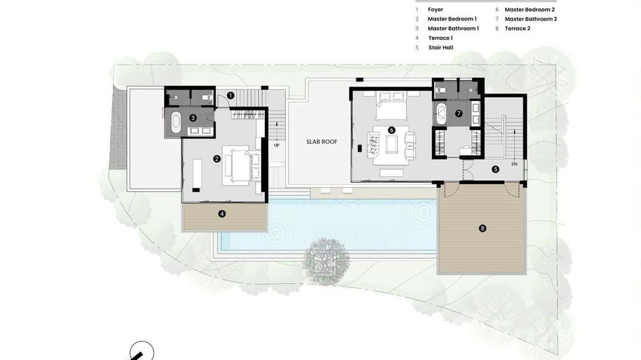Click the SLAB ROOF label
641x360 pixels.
[x=321, y=142]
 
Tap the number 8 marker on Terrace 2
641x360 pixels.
[x=482, y=228]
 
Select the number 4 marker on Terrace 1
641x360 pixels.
[x=222, y=214]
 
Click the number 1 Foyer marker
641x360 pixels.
[x=230, y=95]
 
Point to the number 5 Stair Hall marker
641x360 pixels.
[x=495, y=169]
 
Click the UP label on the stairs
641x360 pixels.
[x=277, y=145]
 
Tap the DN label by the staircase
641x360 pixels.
[x=514, y=164]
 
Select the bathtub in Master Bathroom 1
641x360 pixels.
[x=176, y=122]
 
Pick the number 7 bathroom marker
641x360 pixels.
[x=459, y=114]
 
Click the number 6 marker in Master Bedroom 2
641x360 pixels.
[x=392, y=130]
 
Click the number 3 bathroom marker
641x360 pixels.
[x=193, y=117]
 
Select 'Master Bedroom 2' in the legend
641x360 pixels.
[x=529, y=10]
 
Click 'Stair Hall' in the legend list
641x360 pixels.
[x=440, y=48]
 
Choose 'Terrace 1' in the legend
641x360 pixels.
[x=440, y=38]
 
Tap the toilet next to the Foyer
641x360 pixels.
[x=206, y=97]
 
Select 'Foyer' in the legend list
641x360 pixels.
[x=435, y=10]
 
